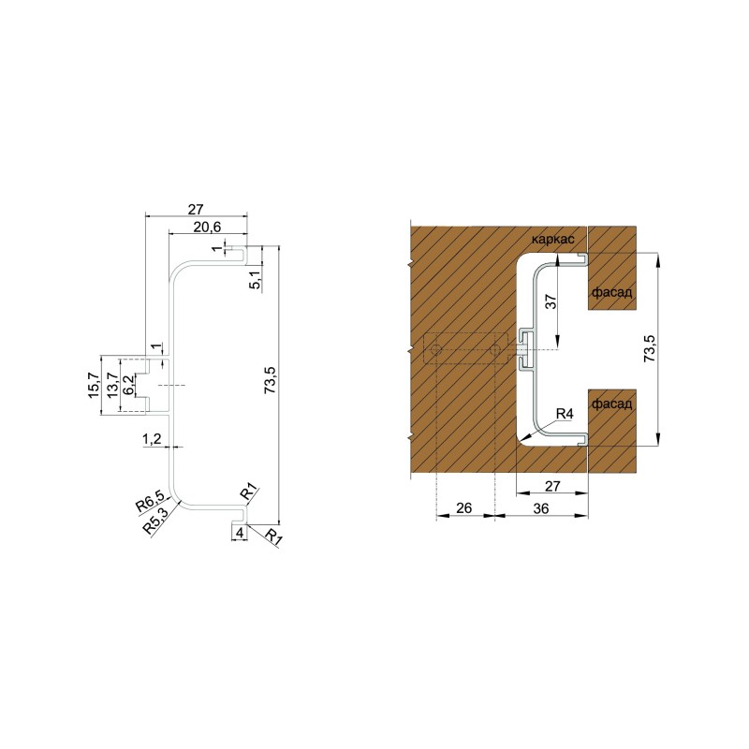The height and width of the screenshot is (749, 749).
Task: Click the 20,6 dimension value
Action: coord(207,227)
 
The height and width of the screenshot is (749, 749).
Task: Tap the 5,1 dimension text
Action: coord(256,279)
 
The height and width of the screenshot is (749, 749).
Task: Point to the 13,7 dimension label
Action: coord(112,386)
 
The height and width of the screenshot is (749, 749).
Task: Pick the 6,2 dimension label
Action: coord(128,385)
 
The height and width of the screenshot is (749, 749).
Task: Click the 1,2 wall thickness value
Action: coord(152,438)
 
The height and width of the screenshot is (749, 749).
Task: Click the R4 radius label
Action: coord(565,414)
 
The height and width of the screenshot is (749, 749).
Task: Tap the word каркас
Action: coord(552,240)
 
